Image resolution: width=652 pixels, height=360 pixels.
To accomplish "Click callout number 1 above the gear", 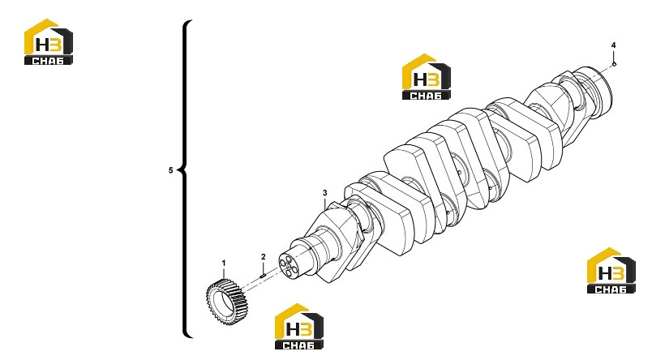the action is [x=223, y=264].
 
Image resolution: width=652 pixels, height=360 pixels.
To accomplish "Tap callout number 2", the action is [x=264, y=257].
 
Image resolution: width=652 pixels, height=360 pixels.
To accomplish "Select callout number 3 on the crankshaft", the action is [x=324, y=193].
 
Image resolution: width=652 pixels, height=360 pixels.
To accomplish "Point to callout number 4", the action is [x=613, y=45].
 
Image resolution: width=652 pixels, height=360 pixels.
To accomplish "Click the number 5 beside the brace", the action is [x=170, y=170].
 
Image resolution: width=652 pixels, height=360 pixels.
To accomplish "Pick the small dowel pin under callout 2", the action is [x=263, y=275].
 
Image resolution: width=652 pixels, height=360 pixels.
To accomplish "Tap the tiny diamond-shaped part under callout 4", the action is [x=615, y=63].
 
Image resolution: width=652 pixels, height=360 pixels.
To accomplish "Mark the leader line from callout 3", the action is [x=324, y=203].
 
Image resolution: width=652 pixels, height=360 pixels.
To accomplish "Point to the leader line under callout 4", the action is [x=614, y=55].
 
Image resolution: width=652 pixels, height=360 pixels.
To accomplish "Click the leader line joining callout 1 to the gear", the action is [x=223, y=273].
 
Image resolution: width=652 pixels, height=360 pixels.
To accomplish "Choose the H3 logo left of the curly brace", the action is [x=49, y=41].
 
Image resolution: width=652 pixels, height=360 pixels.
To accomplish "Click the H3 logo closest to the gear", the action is [x=299, y=326].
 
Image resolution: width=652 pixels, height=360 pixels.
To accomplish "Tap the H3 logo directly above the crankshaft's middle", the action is [x=427, y=76].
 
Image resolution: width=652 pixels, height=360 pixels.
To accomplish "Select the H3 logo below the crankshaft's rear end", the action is [x=611, y=271].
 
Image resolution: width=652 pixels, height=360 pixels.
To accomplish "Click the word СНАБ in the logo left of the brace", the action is [x=48, y=60].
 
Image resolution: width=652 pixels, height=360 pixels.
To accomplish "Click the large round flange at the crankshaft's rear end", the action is [x=598, y=89].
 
